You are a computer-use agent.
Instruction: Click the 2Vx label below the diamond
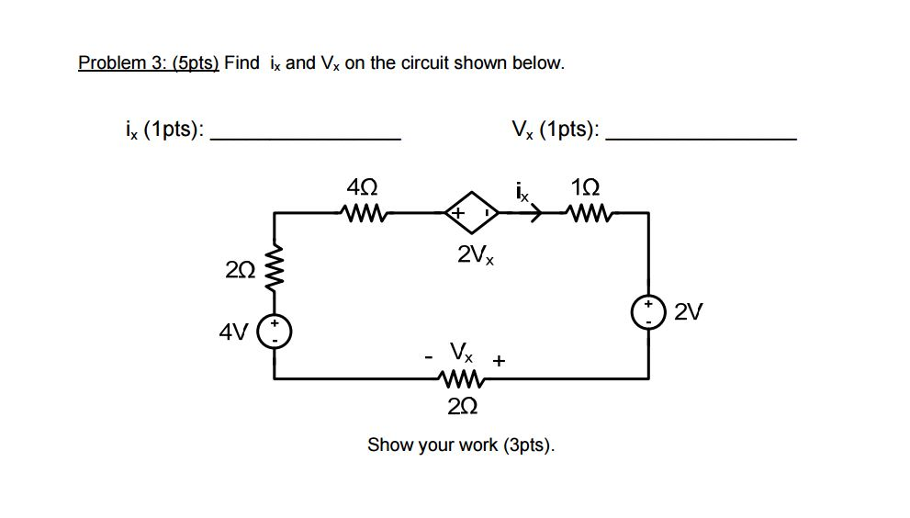(475, 255)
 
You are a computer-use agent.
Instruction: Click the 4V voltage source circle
(275, 331)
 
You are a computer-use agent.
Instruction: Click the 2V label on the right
(689, 313)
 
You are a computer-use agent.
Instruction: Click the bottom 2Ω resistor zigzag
(462, 378)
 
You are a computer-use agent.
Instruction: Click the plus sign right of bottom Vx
(499, 361)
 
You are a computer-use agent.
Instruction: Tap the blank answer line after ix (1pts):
(305, 138)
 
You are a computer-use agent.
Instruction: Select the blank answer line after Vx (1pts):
(702, 138)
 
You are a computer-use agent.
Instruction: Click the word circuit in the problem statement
(428, 63)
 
